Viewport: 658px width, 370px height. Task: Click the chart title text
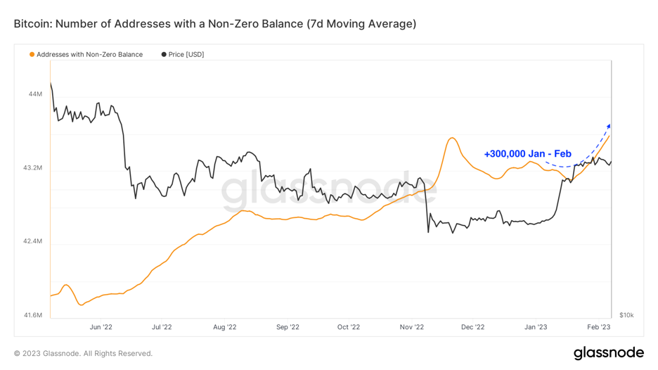click(x=214, y=24)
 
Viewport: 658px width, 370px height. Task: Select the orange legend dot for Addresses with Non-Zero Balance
click(x=32, y=54)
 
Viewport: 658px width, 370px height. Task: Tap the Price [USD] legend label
click(x=186, y=54)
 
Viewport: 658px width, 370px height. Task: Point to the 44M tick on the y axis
click(x=34, y=94)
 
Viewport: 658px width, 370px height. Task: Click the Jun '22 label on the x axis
click(x=101, y=326)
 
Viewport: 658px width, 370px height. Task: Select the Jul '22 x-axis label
click(x=162, y=326)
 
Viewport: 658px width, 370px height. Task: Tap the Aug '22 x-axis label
click(x=224, y=326)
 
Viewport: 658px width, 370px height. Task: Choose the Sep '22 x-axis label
click(x=288, y=326)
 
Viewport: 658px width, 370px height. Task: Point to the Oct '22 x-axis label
click(x=349, y=326)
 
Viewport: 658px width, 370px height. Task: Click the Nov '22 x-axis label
click(x=411, y=326)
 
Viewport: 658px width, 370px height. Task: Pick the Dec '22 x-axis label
click(x=472, y=326)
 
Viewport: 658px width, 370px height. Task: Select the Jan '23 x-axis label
click(x=536, y=326)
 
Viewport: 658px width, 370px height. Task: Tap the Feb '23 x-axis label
click(x=598, y=326)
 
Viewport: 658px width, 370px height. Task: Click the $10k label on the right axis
click(x=626, y=315)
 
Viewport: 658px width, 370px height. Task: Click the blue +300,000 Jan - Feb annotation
click(x=527, y=153)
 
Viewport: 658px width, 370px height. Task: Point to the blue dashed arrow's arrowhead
click(x=609, y=125)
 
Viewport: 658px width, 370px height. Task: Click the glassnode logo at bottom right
click(x=609, y=352)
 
